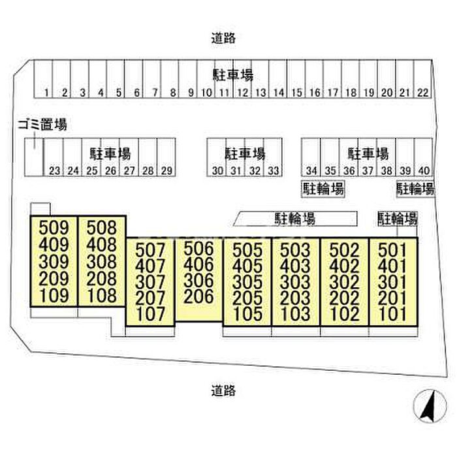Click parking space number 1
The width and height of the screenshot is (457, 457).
[48, 93]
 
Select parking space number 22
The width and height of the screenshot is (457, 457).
[423, 93]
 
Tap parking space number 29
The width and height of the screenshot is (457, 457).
[166, 171]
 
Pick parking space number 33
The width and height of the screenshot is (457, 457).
[274, 171]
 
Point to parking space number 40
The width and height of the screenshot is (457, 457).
[424, 171]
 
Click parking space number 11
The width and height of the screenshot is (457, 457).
[222, 93]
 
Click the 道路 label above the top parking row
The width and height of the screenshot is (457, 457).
[223, 38]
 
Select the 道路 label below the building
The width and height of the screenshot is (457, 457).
[223, 391]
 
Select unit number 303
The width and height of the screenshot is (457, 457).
[295, 281]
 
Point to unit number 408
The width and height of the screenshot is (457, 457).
[101, 245]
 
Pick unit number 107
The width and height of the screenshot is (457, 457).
[151, 314]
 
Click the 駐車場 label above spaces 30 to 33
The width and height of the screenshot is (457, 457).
[245, 154]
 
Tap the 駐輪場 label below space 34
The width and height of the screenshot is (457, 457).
[323, 189]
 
